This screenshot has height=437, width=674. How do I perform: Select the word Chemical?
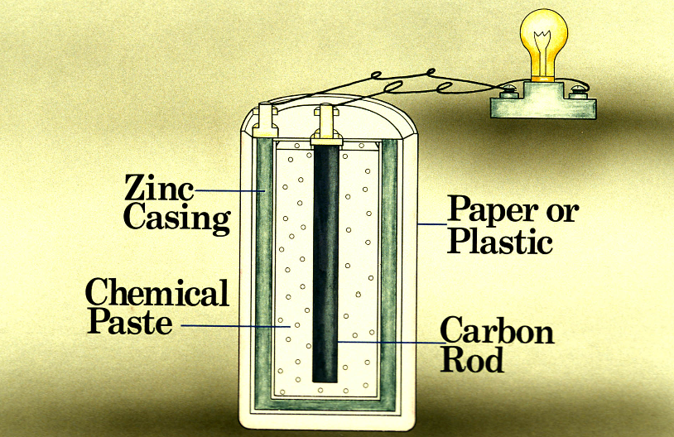coord(157,293)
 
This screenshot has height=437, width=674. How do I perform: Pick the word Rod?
coord(472,360)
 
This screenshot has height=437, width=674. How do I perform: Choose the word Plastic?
coord(499,242)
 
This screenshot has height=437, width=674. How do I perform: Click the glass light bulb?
coord(543,37)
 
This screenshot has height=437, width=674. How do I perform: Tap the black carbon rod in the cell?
coord(325,265)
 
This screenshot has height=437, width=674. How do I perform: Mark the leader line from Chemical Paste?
coord(232,325)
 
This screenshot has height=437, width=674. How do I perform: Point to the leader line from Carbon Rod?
coord(389,341)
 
